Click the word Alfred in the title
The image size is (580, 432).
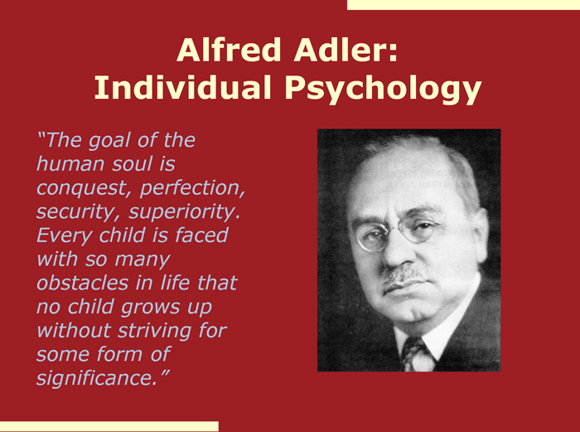229,50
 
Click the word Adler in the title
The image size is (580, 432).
346,50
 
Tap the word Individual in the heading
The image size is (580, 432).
183,88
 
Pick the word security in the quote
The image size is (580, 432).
79,213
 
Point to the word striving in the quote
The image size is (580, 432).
154,331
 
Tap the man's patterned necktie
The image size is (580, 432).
417,355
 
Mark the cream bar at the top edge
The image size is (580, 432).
463,5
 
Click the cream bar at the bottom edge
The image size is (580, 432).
109,426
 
